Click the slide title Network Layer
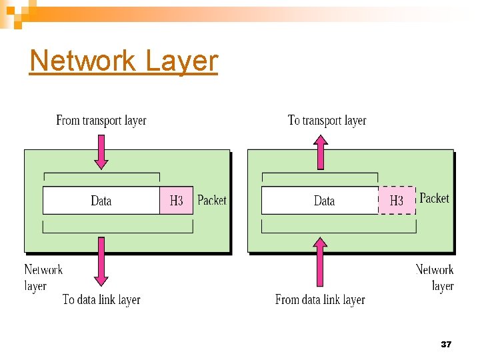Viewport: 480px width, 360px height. point(124,61)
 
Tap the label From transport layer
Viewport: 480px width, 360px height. point(101,121)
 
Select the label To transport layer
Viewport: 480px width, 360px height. point(327,121)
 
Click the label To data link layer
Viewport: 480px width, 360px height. point(101,299)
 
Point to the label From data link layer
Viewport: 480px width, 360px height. point(320,300)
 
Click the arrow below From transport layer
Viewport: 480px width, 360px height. point(101,151)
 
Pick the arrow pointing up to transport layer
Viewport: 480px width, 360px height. point(321,152)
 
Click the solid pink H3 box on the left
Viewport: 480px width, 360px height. point(176,201)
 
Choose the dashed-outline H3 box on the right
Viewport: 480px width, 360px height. point(397,201)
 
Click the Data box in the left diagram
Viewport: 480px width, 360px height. point(101,201)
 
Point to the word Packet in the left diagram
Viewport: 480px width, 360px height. point(212,200)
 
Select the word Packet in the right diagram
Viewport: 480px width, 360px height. point(434,198)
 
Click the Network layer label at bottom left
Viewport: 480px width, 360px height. point(43,278)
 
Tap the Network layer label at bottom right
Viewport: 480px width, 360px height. point(435,278)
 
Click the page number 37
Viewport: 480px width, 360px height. point(446,345)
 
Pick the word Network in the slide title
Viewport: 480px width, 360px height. point(83,61)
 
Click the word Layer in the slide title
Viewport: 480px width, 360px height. point(181,61)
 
